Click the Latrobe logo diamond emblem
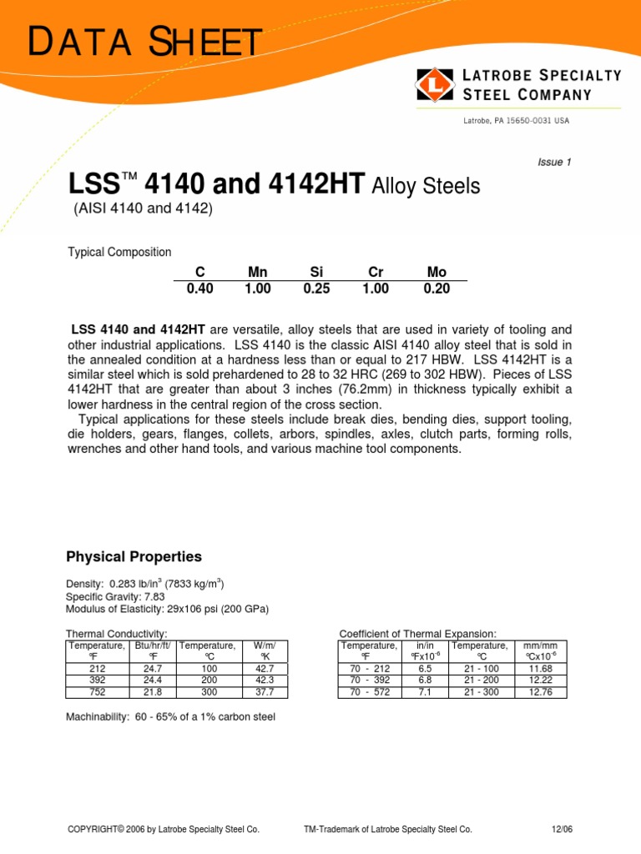435,84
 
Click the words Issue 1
555,163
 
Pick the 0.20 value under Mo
436,289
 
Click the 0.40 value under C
200,289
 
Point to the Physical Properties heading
134,556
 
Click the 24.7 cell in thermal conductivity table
153,669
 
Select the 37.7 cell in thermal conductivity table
264,691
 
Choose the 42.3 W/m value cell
264,681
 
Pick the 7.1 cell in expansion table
424,691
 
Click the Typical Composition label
119,252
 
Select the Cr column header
376,272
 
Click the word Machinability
95,716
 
